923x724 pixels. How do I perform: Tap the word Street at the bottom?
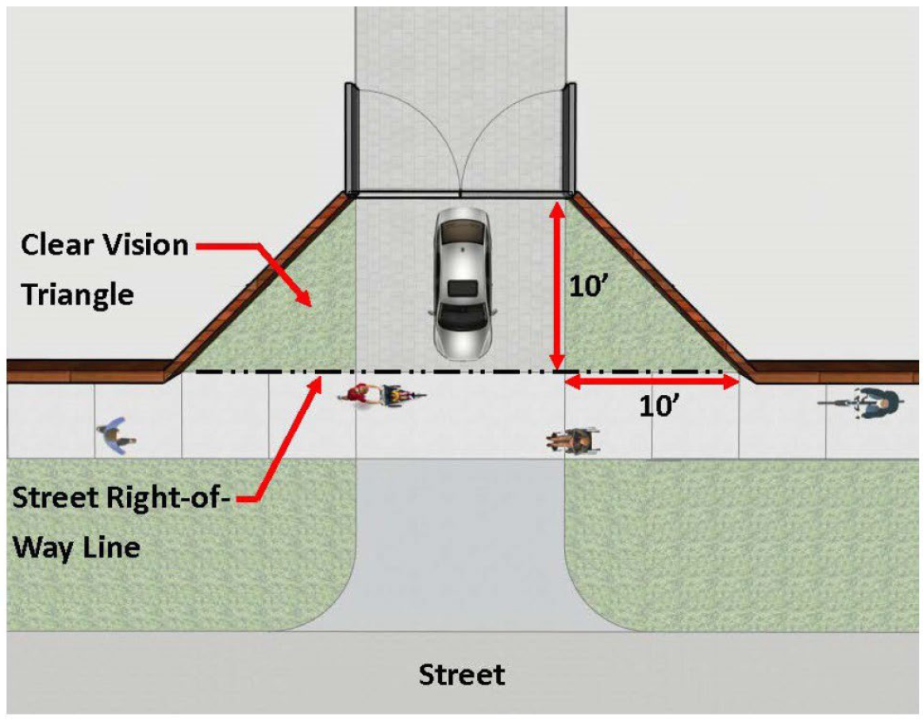461,675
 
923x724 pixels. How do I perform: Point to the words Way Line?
78,547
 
